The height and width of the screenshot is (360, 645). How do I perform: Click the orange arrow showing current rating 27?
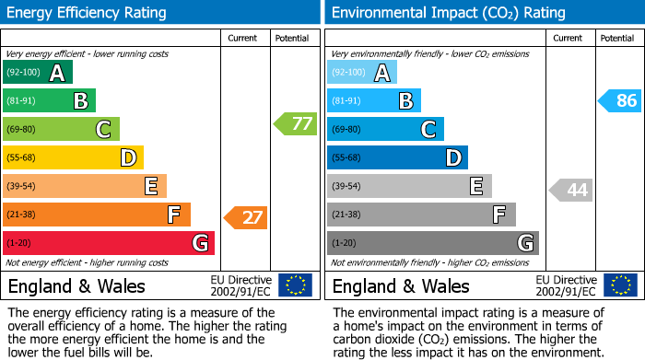(246, 218)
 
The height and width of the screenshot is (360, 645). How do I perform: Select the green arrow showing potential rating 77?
(295, 123)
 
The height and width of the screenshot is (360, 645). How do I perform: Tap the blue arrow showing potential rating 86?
(619, 100)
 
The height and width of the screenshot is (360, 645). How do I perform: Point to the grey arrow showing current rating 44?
(570, 191)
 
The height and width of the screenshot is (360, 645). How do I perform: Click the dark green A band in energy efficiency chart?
(38, 73)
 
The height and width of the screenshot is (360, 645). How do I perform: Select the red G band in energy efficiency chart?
(109, 243)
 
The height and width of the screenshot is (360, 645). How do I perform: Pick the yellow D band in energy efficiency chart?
(73, 157)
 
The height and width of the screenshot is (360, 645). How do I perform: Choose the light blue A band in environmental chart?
(362, 73)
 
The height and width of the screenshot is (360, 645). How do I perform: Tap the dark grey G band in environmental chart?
(432, 243)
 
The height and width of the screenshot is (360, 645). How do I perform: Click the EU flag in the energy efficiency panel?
(296, 285)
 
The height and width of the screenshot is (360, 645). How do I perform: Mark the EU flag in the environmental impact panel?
(620, 285)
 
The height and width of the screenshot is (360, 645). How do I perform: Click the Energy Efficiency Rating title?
(88, 13)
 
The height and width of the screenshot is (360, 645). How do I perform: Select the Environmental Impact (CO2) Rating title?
(448, 13)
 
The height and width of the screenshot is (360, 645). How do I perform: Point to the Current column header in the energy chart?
(244, 38)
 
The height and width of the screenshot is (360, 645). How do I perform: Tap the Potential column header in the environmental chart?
(616, 38)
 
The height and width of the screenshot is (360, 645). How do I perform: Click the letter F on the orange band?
(173, 215)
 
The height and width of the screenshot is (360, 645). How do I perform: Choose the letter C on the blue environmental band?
(428, 130)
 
